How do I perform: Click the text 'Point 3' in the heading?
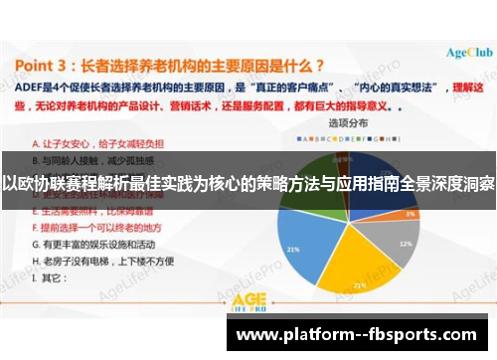tap(50, 67)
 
